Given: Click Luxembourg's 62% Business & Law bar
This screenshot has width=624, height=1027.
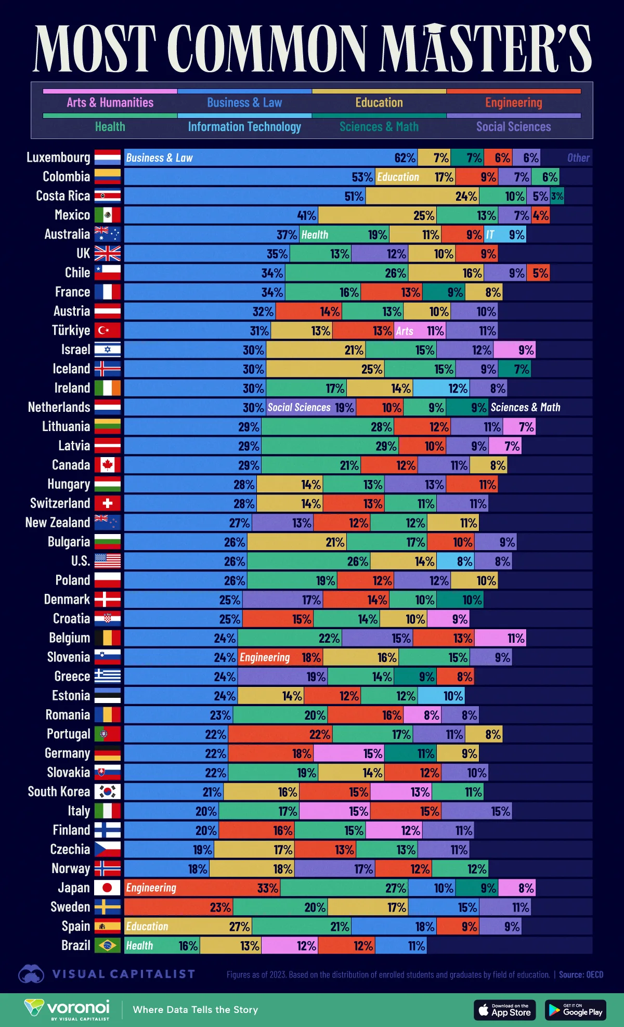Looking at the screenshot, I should point(270,158).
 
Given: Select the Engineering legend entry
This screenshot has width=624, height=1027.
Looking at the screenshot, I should point(513,102).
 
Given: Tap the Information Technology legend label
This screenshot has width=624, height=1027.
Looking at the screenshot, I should point(244,126).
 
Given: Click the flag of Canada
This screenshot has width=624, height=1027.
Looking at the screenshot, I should point(108,465).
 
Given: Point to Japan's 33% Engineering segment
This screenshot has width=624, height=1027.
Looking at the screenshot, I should point(202,888).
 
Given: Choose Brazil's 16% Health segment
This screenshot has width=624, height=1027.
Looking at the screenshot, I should point(162,945).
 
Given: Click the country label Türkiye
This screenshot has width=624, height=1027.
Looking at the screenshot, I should point(71,330).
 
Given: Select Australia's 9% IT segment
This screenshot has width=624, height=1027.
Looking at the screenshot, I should point(505,235).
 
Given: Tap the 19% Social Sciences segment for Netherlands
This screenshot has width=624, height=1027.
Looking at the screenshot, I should point(310,407).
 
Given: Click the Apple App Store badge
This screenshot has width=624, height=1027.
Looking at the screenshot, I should point(504,1010).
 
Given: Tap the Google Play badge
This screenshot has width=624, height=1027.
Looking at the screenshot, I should point(576,1010).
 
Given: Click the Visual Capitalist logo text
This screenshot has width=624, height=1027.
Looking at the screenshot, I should point(123,974).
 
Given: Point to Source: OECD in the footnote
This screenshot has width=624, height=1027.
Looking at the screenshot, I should point(581,974).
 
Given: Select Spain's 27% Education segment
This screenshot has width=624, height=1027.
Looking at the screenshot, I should point(188,926).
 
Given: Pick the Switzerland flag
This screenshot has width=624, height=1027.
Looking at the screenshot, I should point(108,503).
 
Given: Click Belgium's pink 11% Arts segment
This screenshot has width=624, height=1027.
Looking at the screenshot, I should point(500,638).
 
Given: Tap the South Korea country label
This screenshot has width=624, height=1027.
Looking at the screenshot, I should point(59,791).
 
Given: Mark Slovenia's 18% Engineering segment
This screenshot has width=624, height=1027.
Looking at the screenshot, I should point(280,657).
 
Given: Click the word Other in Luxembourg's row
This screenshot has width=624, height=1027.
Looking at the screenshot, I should point(578,158).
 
